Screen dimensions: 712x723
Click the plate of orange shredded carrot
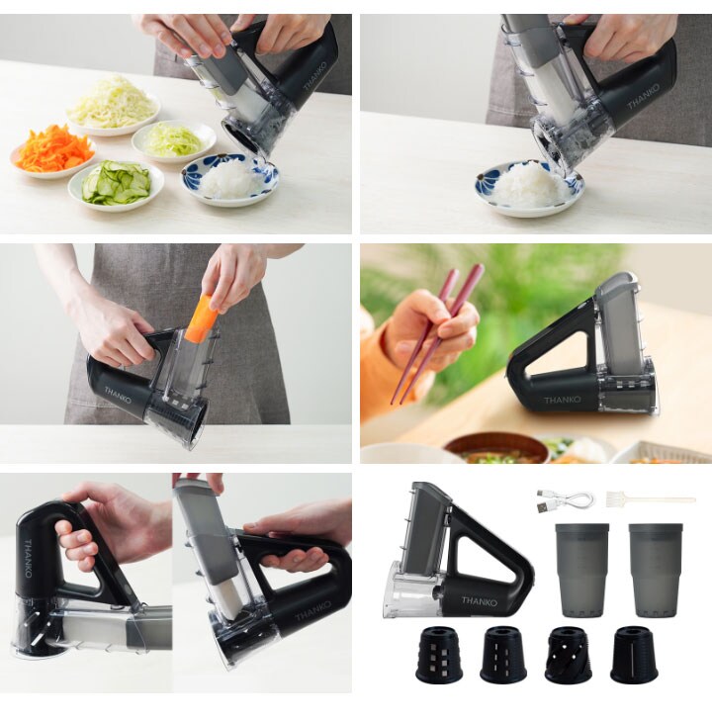point(52,152)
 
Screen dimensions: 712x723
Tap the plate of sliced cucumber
point(116,184)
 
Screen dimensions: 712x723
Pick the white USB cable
point(565,499)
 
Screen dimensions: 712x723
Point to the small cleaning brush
point(651,499)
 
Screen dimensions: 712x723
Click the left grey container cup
point(581,570)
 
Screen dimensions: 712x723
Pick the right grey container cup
point(656,570)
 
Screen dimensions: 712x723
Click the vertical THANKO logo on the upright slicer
point(28,559)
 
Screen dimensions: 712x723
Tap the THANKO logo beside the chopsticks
point(562,400)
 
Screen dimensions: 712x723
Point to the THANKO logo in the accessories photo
point(480,601)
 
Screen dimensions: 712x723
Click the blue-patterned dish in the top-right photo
point(529,188)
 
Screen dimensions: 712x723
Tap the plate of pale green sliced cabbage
point(174,140)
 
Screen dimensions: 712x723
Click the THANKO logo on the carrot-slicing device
point(118,396)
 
